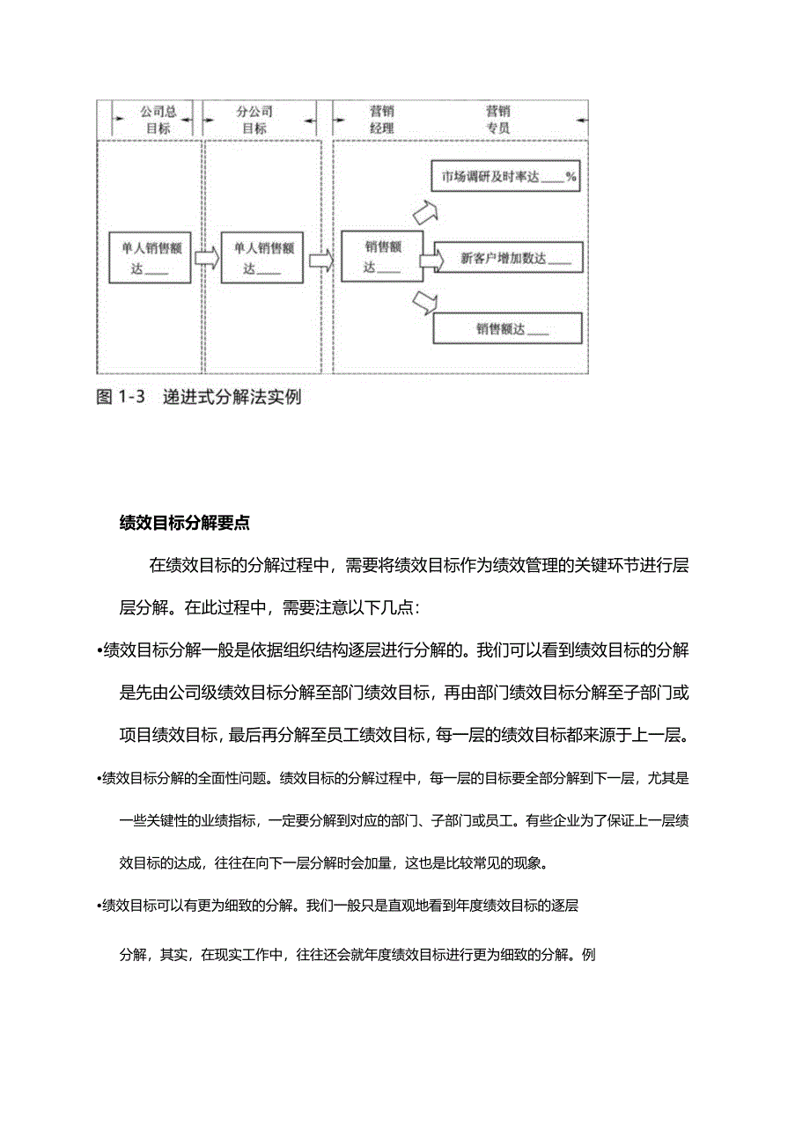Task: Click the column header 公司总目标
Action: tap(158, 120)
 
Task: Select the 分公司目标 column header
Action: tap(254, 120)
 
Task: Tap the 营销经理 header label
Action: tap(381, 120)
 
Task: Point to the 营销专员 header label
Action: tap(497, 120)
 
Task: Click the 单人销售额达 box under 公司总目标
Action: tap(150, 258)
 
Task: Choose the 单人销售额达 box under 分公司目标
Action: tap(261, 258)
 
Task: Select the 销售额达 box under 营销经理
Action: tap(382, 257)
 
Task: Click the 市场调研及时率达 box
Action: tap(506, 177)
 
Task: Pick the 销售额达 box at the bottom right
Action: tap(507, 329)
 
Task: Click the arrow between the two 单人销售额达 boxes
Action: tap(205, 258)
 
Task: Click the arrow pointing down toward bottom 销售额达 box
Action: tap(424, 303)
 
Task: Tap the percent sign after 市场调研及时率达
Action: tap(571, 177)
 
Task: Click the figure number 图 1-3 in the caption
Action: tap(119, 397)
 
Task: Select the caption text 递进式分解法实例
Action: tap(232, 397)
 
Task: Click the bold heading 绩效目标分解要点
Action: tap(184, 523)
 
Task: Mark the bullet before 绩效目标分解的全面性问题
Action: tap(99, 778)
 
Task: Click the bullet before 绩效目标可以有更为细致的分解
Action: tap(99, 905)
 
